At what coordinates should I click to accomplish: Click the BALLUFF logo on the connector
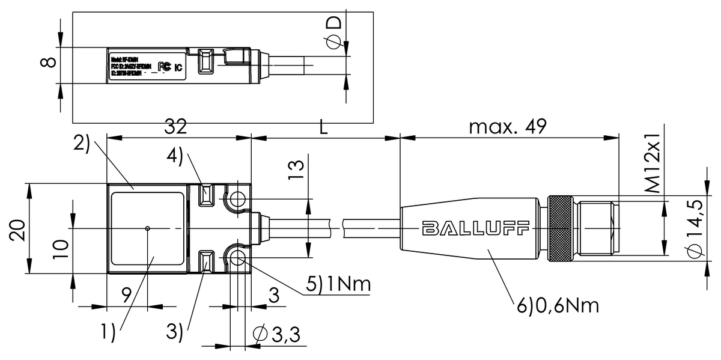(475, 228)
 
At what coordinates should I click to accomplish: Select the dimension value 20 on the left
(17, 230)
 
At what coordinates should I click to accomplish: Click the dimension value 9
(126, 295)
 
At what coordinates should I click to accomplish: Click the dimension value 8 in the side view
(50, 62)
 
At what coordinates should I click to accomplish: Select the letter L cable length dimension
(324, 127)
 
